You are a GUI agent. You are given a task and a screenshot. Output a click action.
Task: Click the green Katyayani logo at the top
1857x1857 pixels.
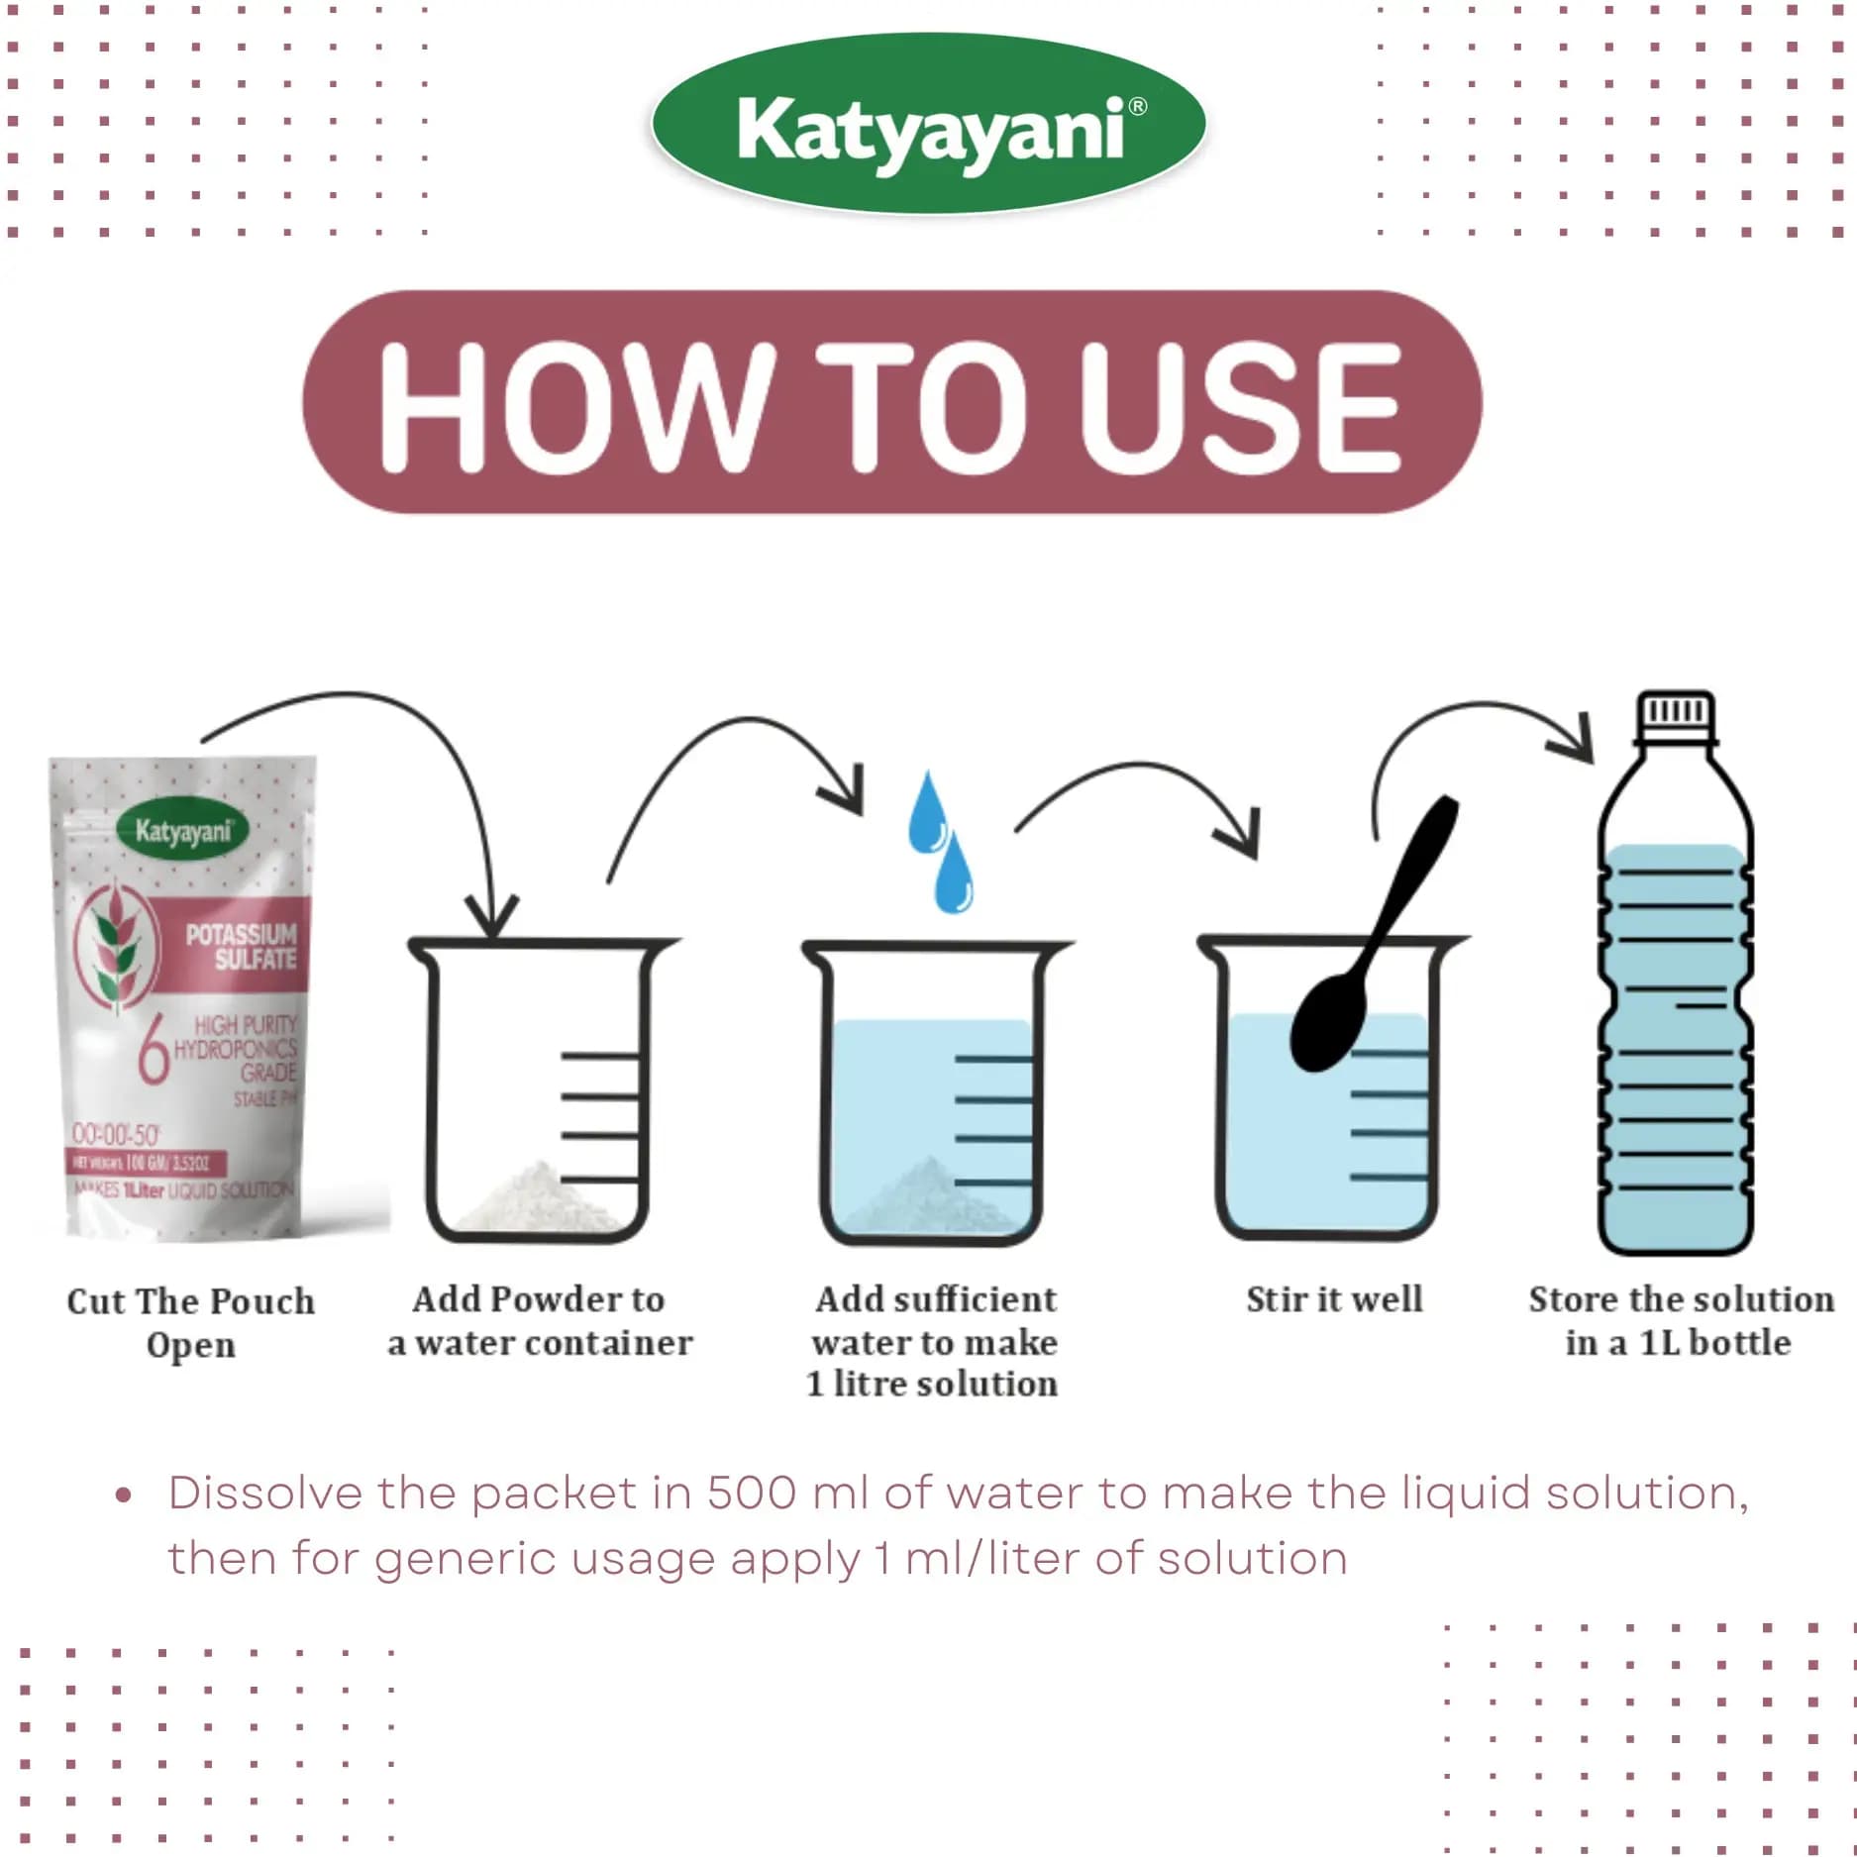(928, 124)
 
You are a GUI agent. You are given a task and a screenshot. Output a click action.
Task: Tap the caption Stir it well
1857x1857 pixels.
(1333, 1298)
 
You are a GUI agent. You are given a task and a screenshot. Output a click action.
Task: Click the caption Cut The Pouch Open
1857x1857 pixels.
(190, 1322)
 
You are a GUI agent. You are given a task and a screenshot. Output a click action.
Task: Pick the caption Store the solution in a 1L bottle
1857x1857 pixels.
(1680, 1320)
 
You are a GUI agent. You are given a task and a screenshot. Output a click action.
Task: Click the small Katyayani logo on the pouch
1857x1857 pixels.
(183, 830)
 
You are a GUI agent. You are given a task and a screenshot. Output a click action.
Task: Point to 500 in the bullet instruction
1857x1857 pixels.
(751, 1494)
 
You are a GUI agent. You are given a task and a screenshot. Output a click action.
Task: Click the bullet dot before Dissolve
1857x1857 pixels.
(123, 1495)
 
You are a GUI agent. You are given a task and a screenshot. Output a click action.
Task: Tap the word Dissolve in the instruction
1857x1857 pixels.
(264, 1494)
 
